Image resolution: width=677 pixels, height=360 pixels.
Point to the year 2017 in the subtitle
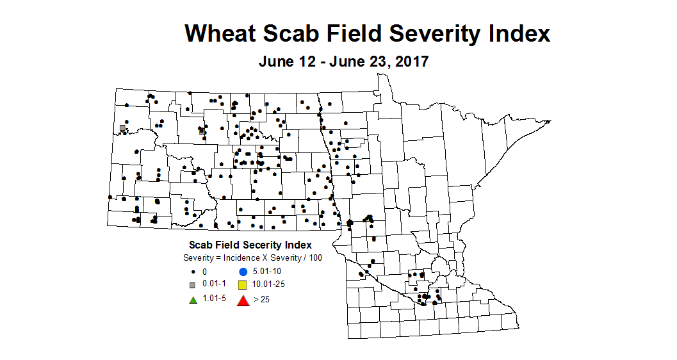tap(408, 62)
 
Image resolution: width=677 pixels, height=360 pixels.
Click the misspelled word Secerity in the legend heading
tap(256, 245)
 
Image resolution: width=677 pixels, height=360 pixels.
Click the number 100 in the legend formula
tap(315, 258)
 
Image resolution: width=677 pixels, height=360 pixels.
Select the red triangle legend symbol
tap(243, 299)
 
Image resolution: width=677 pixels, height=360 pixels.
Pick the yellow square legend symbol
tap(243, 285)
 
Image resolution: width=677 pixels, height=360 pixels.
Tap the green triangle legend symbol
tap(192, 299)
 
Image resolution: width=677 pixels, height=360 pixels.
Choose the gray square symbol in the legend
tap(192, 285)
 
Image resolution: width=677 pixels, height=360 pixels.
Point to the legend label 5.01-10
tap(268, 272)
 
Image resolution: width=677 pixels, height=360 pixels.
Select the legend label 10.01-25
tap(270, 285)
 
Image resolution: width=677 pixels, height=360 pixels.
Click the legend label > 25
tap(261, 299)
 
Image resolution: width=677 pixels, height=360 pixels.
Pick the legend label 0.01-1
tap(214, 285)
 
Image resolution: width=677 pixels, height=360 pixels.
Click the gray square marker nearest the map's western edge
tap(122, 127)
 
